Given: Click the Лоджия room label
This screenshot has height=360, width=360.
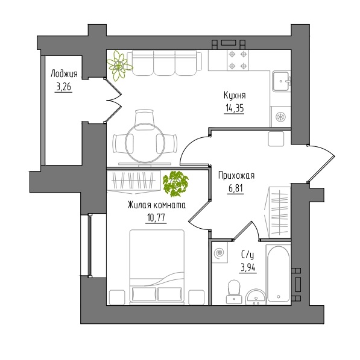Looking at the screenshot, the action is click(64, 73).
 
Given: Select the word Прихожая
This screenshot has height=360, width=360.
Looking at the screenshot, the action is click(236, 176).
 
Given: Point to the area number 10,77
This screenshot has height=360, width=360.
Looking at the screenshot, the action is click(156, 218).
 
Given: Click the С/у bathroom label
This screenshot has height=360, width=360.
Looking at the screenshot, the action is click(248, 255).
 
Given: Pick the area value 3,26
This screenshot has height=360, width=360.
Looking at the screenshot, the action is click(63, 87).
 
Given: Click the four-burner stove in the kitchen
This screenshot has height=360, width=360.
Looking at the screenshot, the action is click(238, 60).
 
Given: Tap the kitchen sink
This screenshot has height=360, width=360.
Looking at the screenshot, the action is click(282, 81).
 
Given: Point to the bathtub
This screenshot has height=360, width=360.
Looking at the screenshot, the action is click(279, 274).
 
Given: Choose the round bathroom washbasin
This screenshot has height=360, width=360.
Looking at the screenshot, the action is click(256, 297).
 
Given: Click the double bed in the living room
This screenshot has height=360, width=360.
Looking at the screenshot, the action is click(157, 267).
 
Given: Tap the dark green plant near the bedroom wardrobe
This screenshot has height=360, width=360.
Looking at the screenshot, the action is click(175, 184).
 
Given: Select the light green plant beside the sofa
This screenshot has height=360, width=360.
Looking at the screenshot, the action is click(119, 66).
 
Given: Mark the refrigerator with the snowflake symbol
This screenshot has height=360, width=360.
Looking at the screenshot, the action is click(280, 117).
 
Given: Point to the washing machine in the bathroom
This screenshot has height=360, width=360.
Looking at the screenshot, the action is click(219, 253).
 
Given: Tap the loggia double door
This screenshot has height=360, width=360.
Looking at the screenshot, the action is click(113, 100).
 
